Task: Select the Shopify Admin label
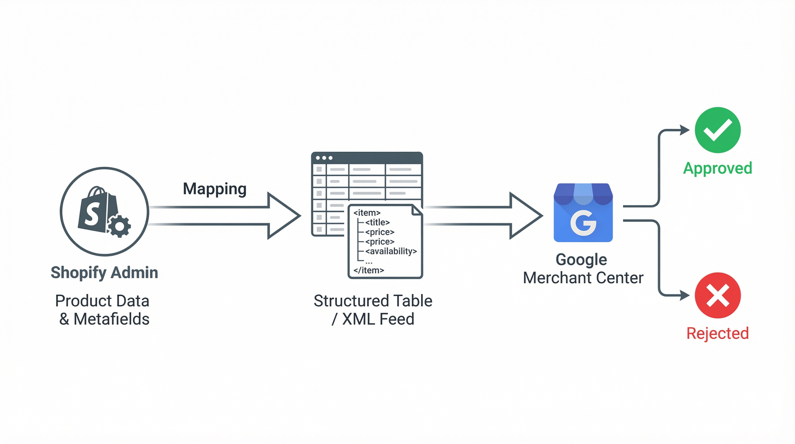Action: (x=104, y=273)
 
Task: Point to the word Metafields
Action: (x=112, y=319)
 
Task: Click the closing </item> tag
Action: (x=369, y=270)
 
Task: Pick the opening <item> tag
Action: (x=367, y=213)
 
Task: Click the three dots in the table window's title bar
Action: (x=324, y=158)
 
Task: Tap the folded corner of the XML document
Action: (x=417, y=210)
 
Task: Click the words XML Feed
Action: (x=378, y=319)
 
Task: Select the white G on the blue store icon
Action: (x=583, y=223)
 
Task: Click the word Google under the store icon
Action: (x=581, y=260)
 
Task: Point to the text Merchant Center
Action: (x=583, y=277)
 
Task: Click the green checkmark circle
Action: (x=718, y=130)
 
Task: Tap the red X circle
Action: (x=718, y=295)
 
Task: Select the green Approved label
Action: (x=718, y=168)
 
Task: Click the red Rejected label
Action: (x=718, y=334)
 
